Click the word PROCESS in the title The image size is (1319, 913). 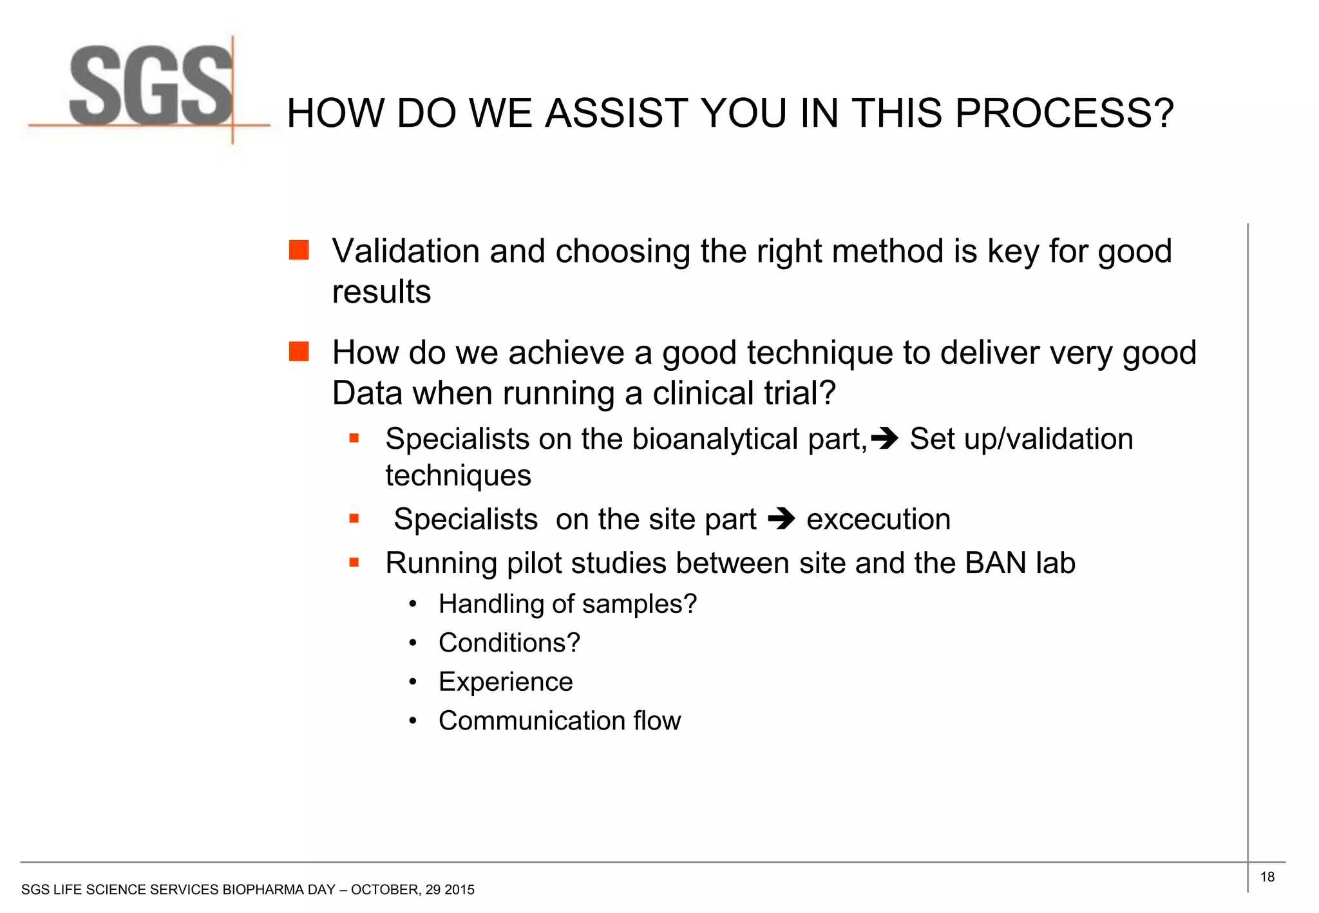pos(1064,114)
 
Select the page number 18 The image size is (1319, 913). pos(1267,877)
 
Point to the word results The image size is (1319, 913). pos(381,292)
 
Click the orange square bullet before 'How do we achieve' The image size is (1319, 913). pos(299,352)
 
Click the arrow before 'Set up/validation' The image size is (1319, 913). pos(884,439)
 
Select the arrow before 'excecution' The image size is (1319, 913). pos(781,518)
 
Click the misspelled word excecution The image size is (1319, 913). pos(878,520)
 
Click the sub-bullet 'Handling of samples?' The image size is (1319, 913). pos(567,605)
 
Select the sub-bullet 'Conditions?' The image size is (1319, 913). pos(509,643)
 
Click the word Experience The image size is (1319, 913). pos(506,682)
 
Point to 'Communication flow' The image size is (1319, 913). pos(559,721)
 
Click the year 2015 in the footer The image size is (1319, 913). pos(460,890)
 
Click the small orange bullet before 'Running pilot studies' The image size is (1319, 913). pos(354,563)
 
